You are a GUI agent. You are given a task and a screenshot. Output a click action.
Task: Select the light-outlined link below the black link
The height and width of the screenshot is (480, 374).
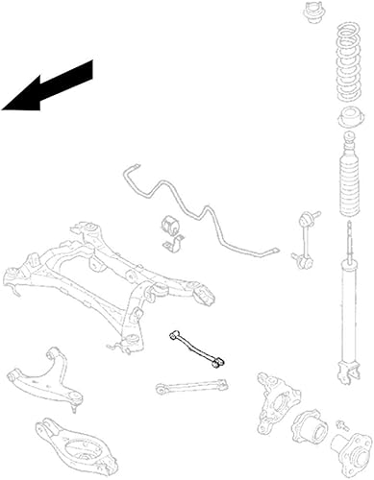point(192,387)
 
